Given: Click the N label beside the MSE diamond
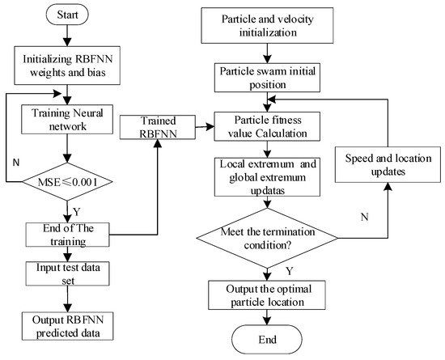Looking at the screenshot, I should [16, 159].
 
